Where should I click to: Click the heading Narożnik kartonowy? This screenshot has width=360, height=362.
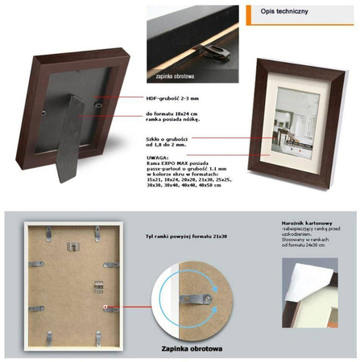303,220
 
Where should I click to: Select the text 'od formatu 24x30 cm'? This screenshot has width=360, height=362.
302,245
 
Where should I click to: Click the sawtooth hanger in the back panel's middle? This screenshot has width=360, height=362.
99,284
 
